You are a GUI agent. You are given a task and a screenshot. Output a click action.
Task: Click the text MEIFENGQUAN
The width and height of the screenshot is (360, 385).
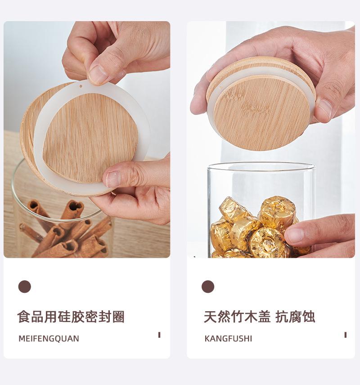click(x=49, y=339)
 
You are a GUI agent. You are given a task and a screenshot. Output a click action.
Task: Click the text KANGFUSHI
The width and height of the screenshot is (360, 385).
click(x=228, y=339)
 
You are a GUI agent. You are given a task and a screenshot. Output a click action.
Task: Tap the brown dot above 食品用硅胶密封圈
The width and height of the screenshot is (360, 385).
click(x=24, y=287)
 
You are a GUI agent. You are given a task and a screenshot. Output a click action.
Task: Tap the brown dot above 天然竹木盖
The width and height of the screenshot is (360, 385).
click(x=208, y=287)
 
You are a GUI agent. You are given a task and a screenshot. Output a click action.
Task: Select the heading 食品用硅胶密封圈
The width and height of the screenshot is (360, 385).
click(x=71, y=317)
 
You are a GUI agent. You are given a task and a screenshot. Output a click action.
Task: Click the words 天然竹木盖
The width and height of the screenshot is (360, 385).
click(x=237, y=317)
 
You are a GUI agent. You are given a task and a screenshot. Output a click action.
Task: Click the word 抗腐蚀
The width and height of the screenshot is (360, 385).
click(x=296, y=317)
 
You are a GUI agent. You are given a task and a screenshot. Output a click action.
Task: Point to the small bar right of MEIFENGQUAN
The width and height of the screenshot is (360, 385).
click(x=159, y=335)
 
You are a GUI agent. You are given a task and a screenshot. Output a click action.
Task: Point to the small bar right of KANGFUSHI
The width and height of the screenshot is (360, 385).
click(x=345, y=335)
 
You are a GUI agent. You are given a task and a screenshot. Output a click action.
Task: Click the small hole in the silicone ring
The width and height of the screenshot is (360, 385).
click(x=81, y=86)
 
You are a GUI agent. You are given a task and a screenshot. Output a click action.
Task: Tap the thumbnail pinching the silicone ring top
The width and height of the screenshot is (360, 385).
click(x=98, y=75)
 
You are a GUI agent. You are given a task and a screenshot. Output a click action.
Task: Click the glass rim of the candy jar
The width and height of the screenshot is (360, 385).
click(x=261, y=165)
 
